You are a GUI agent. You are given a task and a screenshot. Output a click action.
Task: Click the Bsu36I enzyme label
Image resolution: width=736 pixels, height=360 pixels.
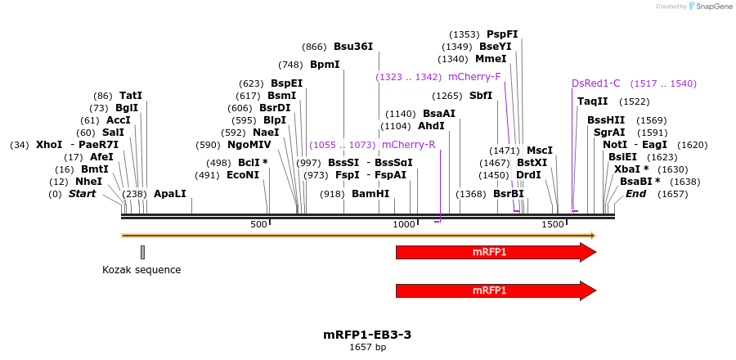pyautogui.click(x=352, y=47)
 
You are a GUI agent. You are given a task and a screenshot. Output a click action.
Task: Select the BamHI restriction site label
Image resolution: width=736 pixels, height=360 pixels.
pyautogui.click(x=370, y=194)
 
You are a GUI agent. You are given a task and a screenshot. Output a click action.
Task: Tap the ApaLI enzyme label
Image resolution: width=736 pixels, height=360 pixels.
pyautogui.click(x=170, y=194)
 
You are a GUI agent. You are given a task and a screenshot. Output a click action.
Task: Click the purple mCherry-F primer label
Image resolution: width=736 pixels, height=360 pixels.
pyautogui.click(x=474, y=77)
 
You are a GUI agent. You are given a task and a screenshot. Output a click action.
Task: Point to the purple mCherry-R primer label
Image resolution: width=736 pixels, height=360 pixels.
pyautogui.click(x=408, y=145)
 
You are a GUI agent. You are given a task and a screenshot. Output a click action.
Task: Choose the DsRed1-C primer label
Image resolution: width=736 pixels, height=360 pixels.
pyautogui.click(x=595, y=83)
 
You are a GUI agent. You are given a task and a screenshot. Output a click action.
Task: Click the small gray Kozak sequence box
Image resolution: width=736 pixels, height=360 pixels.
pyautogui.click(x=142, y=252)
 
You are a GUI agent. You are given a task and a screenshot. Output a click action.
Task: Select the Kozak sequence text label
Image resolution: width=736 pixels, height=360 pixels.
pyautogui.click(x=141, y=270)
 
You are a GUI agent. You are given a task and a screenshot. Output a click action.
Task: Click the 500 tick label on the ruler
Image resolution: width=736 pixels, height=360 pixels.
pyautogui.click(x=259, y=224)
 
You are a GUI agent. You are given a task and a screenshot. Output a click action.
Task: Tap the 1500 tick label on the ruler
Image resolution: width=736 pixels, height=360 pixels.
pyautogui.click(x=553, y=224)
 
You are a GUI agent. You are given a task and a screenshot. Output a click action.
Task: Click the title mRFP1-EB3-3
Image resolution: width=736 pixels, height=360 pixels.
pyautogui.click(x=367, y=335)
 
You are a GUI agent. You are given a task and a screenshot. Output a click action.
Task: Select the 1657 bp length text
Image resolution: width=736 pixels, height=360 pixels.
pyautogui.click(x=367, y=348)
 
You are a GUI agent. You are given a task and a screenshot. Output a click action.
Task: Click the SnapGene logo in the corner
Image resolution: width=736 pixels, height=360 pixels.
pyautogui.click(x=709, y=7)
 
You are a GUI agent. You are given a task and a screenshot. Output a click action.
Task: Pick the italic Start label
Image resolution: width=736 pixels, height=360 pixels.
pyautogui.click(x=82, y=194)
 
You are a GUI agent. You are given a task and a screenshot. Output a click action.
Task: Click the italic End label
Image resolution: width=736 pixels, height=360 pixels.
pyautogui.click(x=635, y=194)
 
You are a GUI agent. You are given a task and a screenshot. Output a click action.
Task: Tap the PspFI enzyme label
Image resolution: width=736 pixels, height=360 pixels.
pyautogui.click(x=502, y=34)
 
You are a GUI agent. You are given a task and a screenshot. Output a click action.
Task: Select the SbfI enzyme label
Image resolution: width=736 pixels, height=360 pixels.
pyautogui.click(x=481, y=96)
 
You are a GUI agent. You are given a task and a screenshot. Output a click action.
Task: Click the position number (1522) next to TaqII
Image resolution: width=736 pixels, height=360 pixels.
pyautogui.click(x=635, y=102)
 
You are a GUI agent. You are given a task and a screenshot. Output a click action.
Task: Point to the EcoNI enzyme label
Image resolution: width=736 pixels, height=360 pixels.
pyautogui.click(x=242, y=175)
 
